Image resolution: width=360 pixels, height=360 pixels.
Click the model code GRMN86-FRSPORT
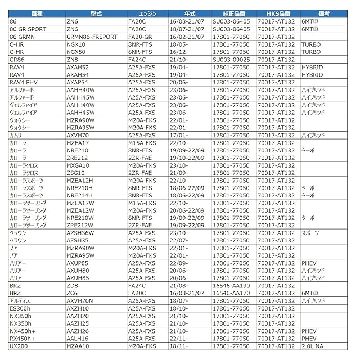92,36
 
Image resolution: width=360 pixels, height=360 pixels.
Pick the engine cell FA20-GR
140,36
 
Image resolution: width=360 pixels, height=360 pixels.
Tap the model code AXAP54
77,82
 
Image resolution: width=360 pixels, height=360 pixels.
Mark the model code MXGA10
78,166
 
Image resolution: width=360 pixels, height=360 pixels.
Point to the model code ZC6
72,293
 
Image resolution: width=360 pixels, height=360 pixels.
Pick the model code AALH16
77,339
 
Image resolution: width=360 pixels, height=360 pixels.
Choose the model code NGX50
76,51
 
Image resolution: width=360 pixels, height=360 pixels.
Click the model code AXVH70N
81,301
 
